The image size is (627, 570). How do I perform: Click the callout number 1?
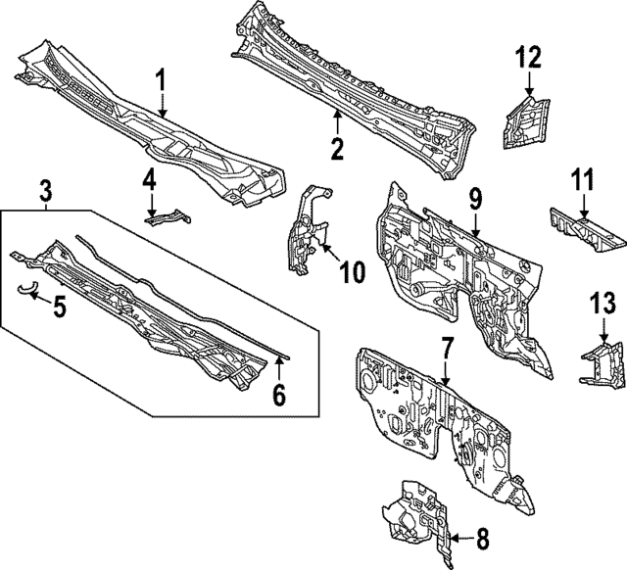(x=163, y=79)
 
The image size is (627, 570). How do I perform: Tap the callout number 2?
(x=336, y=150)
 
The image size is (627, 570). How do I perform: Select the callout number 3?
(x=44, y=189)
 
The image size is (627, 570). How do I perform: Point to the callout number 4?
(x=150, y=181)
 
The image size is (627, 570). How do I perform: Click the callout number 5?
(x=60, y=308)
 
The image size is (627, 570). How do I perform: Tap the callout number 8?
(x=481, y=538)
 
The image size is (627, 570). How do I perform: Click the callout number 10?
(x=351, y=270)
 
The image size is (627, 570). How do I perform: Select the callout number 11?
(x=583, y=181)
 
